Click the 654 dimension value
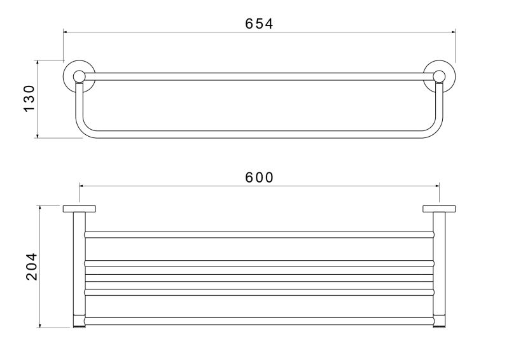[259, 24]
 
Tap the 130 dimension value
[29, 99]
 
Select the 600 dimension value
[259, 177]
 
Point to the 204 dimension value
[32, 267]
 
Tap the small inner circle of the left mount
[79, 76]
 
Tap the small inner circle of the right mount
[439, 76]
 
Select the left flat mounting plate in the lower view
[79, 209]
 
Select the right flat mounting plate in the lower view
[439, 209]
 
